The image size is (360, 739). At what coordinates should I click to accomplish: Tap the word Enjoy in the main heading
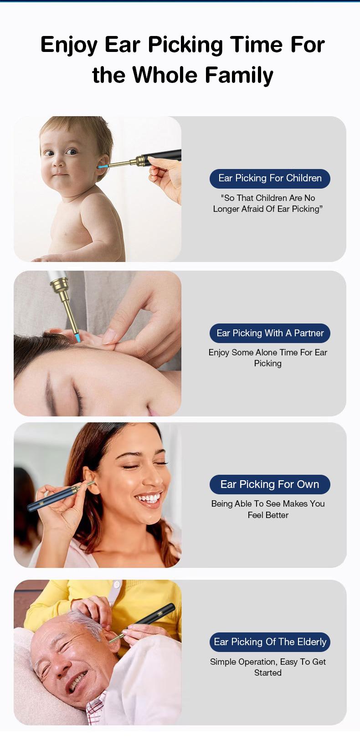69,45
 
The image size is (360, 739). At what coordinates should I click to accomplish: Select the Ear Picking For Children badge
270,178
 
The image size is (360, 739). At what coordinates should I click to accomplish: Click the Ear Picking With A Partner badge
270,333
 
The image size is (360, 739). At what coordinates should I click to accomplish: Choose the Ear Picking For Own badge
270,484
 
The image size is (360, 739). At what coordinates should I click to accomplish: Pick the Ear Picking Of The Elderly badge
270,642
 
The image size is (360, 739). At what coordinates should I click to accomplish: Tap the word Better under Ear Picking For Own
278,515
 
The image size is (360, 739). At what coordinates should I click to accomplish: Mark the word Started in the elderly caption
268,673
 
